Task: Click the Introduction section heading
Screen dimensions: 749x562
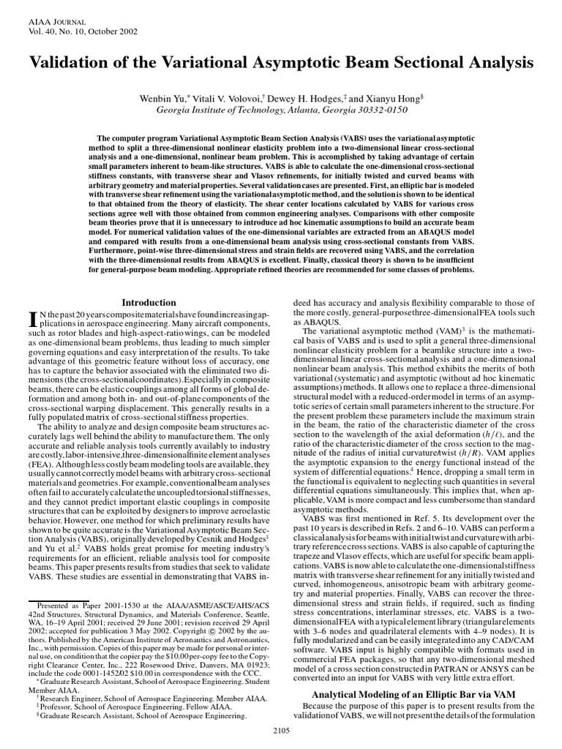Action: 149,302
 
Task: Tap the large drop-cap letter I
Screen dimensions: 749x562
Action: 31,317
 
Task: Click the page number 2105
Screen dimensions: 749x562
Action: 281,729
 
